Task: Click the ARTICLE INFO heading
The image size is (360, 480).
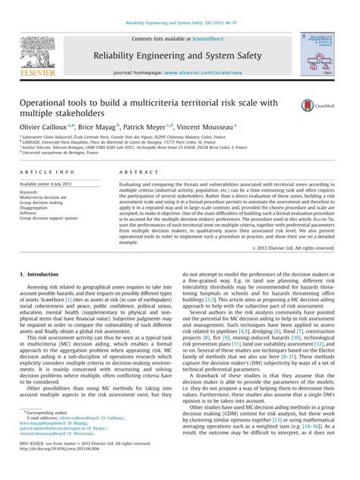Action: (49, 173)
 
